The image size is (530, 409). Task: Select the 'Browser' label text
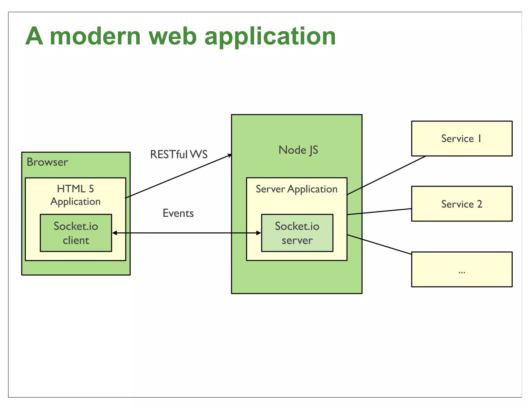(47, 162)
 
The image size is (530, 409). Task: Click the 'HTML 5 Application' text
(75, 195)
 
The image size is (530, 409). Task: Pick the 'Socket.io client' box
(76, 233)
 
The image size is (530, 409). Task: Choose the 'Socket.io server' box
(297, 233)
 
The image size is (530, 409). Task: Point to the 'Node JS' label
(298, 150)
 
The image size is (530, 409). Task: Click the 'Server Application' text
(297, 189)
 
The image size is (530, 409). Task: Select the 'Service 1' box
(462, 139)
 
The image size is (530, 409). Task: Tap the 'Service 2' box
(462, 204)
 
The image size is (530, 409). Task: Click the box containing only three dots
(462, 269)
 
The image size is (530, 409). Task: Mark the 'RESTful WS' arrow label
(179, 154)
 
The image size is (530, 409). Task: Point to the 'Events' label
(178, 213)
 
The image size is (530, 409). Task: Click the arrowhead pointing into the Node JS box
(230, 155)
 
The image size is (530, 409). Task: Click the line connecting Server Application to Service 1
(386, 175)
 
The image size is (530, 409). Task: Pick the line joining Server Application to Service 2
(379, 211)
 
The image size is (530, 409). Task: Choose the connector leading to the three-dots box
(379, 245)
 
